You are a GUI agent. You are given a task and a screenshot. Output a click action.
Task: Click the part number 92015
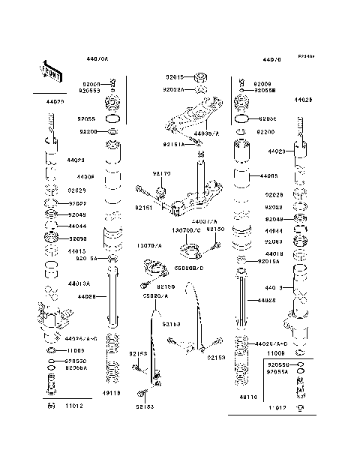pyautogui.click(x=175, y=76)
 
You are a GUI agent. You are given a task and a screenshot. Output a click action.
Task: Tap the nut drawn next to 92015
pyautogui.click(x=199, y=76)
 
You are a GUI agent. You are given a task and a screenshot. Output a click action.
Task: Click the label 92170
pyautogui.click(x=162, y=173)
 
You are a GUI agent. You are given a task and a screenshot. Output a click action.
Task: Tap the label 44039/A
pyautogui.click(x=206, y=133)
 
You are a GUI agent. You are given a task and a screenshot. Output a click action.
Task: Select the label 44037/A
pyautogui.click(x=204, y=222)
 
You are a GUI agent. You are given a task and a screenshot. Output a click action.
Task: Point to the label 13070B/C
pyautogui.click(x=187, y=230)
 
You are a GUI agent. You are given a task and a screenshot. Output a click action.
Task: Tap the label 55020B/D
pyautogui.click(x=189, y=266)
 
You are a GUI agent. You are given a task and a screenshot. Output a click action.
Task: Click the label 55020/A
pyautogui.click(x=155, y=296)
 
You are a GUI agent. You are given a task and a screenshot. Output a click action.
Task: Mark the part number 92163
pyautogui.click(x=171, y=323)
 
